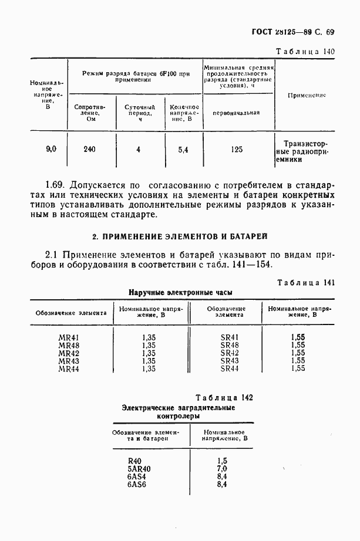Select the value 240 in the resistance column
point(89,150)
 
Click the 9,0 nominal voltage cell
point(51,150)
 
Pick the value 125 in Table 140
point(237,150)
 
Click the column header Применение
point(307,95)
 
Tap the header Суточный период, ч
point(139,111)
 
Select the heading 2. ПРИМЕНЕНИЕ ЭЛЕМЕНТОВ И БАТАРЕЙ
point(180,236)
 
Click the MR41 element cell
point(69,337)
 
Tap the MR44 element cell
point(69,368)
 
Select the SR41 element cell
point(229,337)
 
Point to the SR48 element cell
point(229,345)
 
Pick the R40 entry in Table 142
point(136,461)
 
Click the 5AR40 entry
point(139,469)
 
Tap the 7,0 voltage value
point(221,469)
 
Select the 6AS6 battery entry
point(136,485)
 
